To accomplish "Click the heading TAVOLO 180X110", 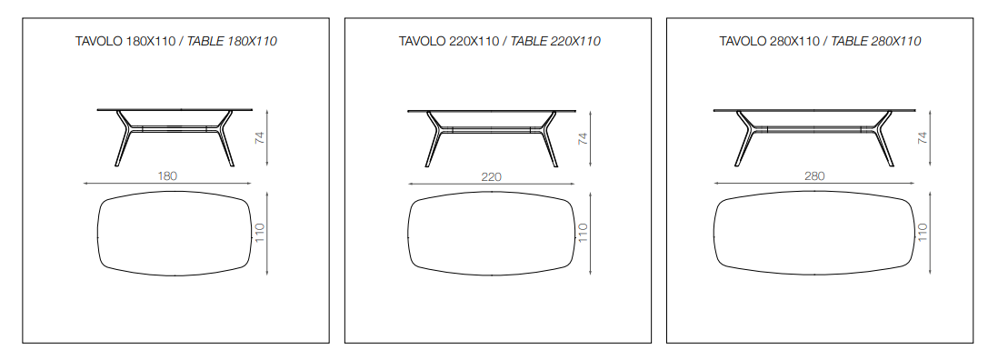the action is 125,41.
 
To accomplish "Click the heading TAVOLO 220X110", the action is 449,41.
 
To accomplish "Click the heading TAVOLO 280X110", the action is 770,41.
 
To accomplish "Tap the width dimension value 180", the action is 167,176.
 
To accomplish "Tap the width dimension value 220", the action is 492,176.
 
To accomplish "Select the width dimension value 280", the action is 814,176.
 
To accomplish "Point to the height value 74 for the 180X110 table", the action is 259,138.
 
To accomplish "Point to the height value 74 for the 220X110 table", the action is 583,138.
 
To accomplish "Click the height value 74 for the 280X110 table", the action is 923,138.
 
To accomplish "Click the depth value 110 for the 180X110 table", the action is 259,234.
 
